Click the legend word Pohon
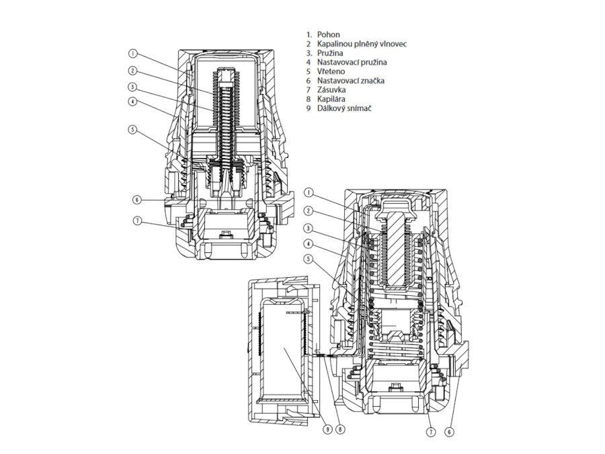[x=328, y=35]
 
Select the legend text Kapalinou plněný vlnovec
[x=362, y=44]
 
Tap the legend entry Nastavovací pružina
[x=352, y=62]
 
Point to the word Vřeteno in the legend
[x=331, y=71]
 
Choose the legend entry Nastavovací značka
[x=351, y=81]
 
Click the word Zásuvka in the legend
[x=331, y=90]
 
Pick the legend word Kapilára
[x=331, y=100]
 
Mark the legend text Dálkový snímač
[x=344, y=108]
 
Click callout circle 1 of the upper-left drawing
[x=132, y=54]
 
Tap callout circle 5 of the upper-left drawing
[x=132, y=129]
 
